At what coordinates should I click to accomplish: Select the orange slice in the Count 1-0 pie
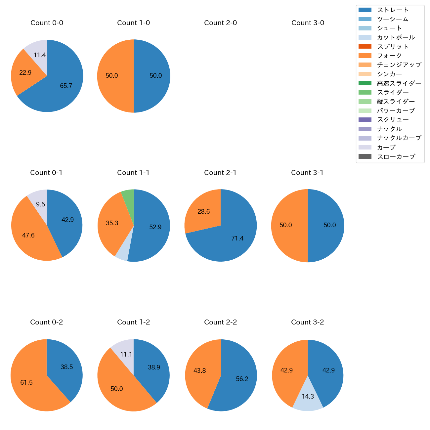click(x=112, y=76)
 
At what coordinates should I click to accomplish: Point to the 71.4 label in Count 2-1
click(x=237, y=238)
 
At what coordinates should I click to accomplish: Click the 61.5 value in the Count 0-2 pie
click(x=26, y=382)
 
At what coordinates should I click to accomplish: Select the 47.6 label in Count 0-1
click(x=28, y=235)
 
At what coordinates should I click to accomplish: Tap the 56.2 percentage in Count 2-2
click(x=242, y=379)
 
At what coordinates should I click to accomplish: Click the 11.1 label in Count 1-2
click(x=126, y=354)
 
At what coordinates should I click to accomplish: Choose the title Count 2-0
click(x=220, y=23)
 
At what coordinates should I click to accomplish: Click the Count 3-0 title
click(x=308, y=23)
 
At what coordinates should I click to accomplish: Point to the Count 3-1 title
click(x=307, y=173)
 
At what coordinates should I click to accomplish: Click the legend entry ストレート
click(x=393, y=10)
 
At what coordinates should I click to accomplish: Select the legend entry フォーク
click(x=389, y=56)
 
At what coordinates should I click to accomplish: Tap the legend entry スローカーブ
click(x=396, y=157)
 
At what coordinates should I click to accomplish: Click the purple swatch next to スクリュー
click(x=365, y=120)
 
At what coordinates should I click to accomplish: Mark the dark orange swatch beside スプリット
click(x=365, y=46)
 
